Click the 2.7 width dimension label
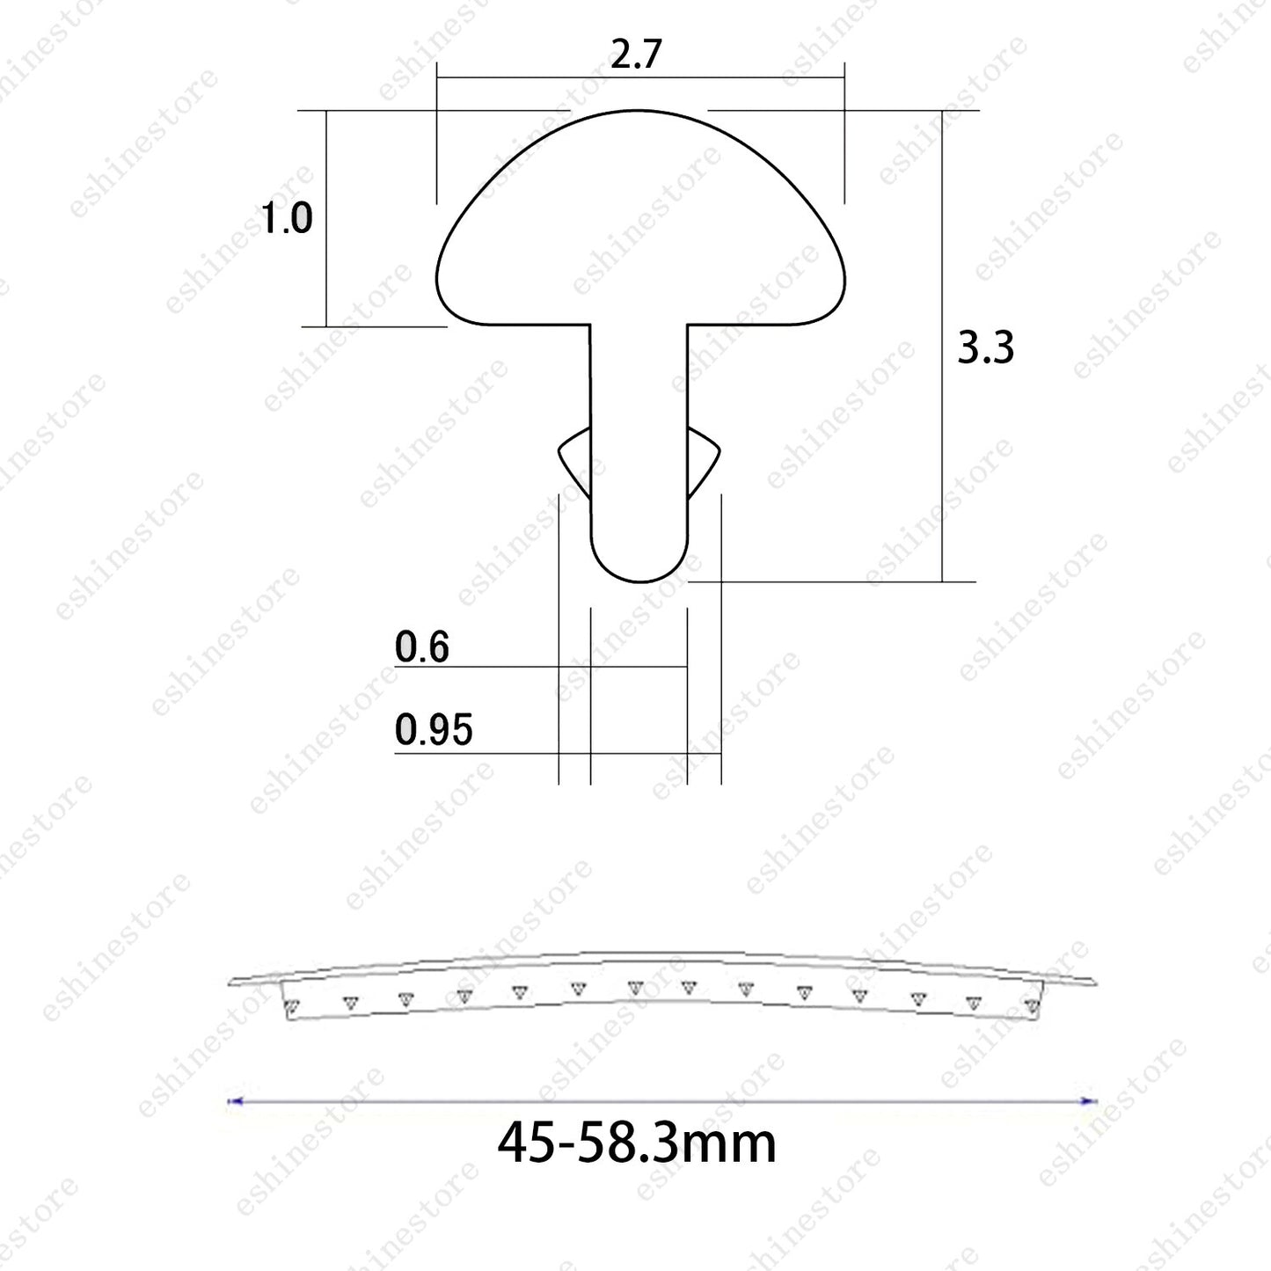(x=636, y=54)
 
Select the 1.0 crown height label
(x=286, y=218)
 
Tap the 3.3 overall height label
(x=985, y=347)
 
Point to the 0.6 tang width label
(x=422, y=646)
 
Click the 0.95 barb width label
(x=434, y=729)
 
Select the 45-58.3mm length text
(x=637, y=1144)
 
